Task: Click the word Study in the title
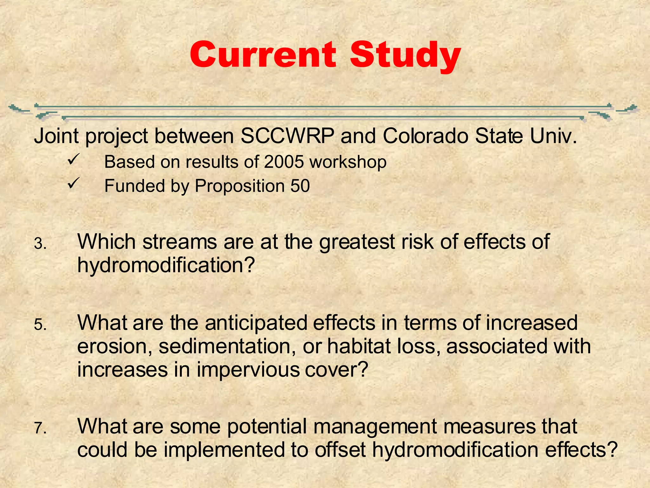tap(405, 56)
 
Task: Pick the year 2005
tap(283, 162)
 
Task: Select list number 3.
tap(40, 244)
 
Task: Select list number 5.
tap(40, 325)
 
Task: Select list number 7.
tap(40, 429)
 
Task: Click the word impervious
tap(248, 370)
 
